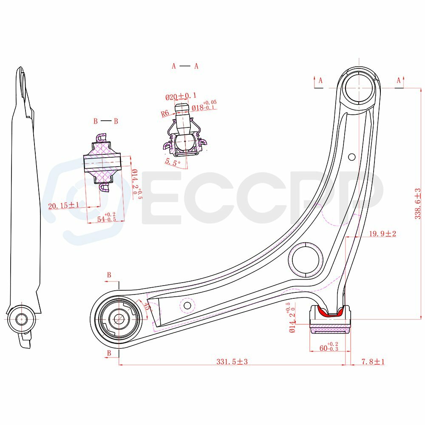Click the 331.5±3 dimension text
point(232,361)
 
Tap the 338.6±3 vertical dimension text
point(417,204)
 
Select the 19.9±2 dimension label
point(382,233)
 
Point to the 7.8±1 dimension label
point(373,361)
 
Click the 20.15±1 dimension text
point(63,205)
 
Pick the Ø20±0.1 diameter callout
point(181,96)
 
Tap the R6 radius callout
point(165,113)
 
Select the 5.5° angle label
point(173,162)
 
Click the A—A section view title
point(185,66)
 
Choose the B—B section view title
point(106,121)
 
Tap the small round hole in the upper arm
point(351,157)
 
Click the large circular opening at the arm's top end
point(359,88)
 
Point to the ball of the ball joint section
point(185,142)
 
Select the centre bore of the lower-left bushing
point(118,319)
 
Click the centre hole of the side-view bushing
point(21,319)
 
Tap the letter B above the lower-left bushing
point(109,275)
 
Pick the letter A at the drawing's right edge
point(399,80)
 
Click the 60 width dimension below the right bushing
point(329,347)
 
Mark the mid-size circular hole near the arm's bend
point(306,259)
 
